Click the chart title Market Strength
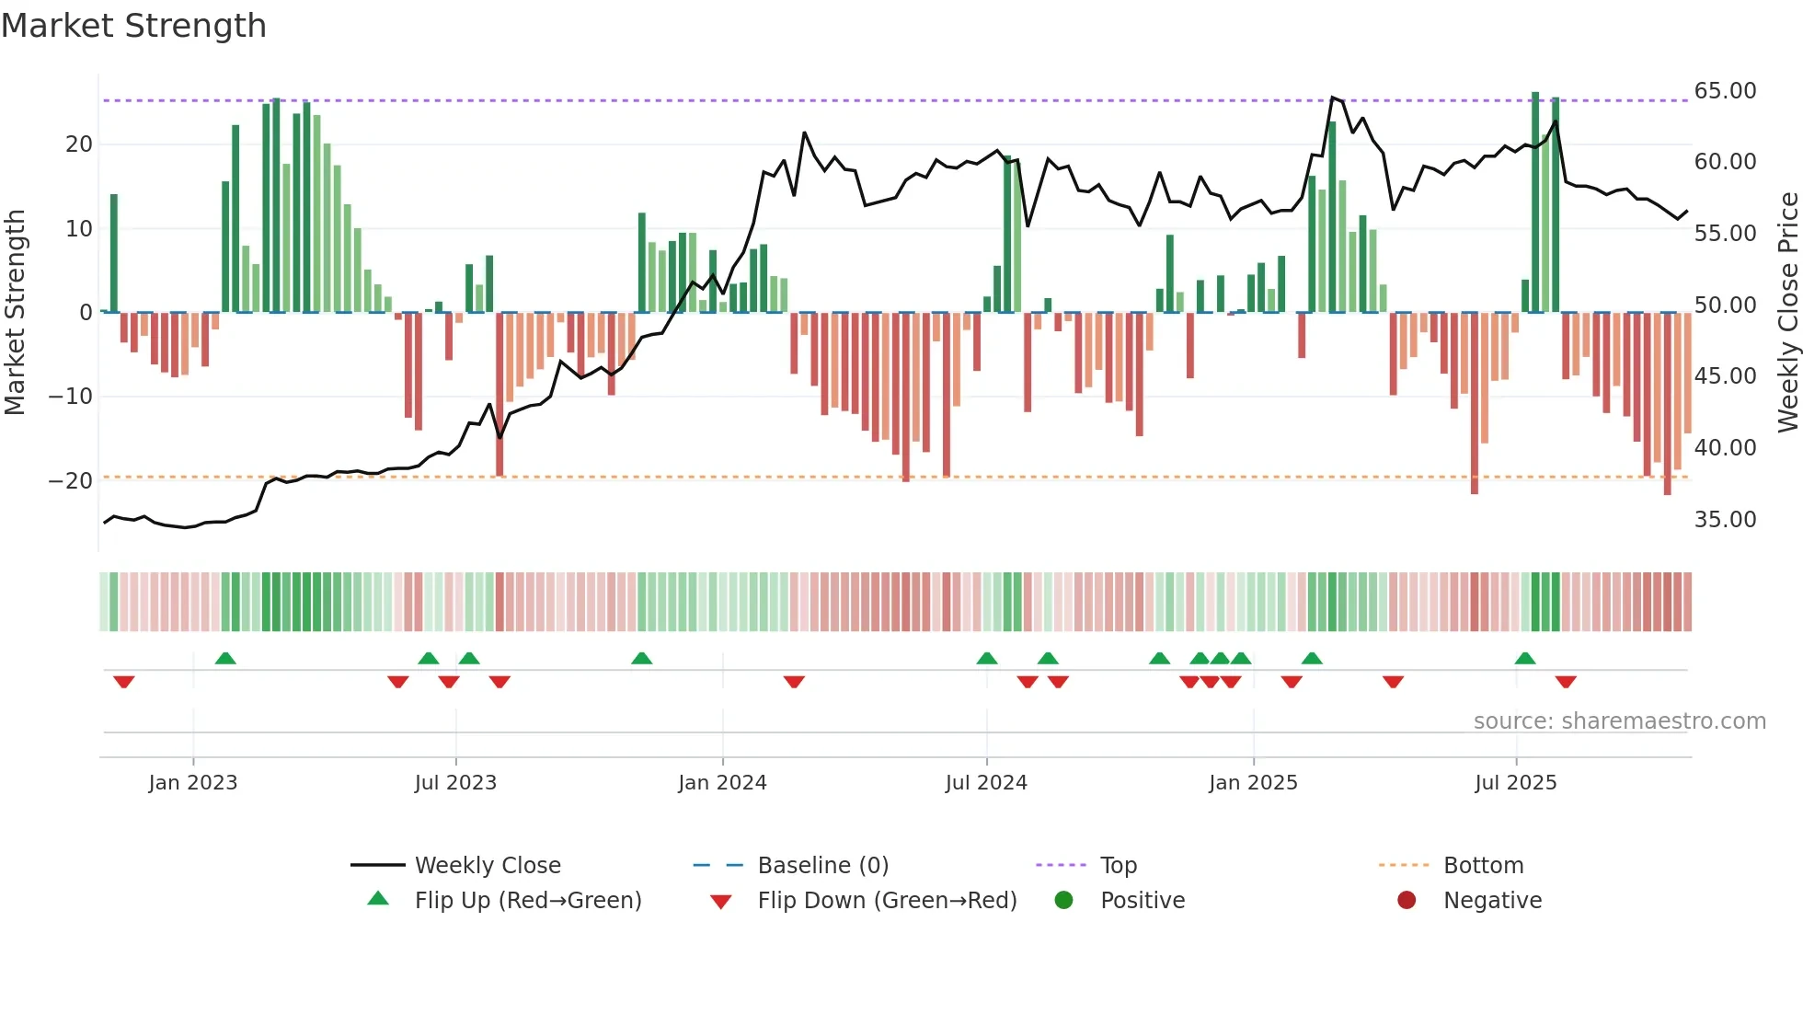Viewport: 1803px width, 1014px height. (133, 26)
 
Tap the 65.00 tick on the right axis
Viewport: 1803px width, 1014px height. (1725, 91)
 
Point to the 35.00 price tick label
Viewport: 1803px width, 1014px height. (1725, 520)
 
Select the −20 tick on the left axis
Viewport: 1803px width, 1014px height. (71, 481)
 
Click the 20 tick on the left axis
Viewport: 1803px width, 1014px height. (78, 144)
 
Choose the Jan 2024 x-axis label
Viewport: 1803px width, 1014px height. (722, 783)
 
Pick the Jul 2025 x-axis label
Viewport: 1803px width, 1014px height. (1515, 783)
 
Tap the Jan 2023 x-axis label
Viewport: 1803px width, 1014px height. (192, 783)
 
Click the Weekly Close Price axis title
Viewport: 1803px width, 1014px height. (1787, 313)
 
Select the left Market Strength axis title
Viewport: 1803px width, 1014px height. (15, 313)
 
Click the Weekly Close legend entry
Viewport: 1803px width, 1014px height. (487, 866)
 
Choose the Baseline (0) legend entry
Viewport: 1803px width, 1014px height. (822, 866)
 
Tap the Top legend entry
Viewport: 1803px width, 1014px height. (1118, 866)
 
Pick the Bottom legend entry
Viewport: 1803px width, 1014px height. (1483, 866)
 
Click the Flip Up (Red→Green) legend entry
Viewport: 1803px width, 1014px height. (527, 901)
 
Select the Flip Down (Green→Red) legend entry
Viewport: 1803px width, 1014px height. (887, 901)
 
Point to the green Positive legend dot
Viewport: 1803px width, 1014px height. (1063, 901)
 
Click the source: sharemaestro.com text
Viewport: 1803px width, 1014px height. (1619, 721)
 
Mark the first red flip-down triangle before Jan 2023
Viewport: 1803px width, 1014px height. (124, 682)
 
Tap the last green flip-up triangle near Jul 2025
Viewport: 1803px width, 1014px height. (1524, 658)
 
